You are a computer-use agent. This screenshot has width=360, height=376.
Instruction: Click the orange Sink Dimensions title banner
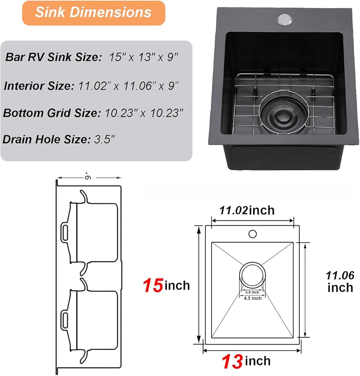click(x=94, y=13)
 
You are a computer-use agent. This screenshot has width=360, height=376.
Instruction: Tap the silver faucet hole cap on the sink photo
click(x=285, y=20)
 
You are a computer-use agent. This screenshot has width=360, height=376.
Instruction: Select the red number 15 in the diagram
click(x=153, y=285)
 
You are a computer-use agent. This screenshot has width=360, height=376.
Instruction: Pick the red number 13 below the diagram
click(x=232, y=361)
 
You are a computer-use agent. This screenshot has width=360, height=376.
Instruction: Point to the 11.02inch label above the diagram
click(x=247, y=210)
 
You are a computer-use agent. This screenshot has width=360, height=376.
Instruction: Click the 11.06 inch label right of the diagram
click(x=340, y=282)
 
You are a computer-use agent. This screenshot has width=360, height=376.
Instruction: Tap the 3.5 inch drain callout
click(x=252, y=292)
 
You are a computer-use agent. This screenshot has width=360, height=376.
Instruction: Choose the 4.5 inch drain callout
click(x=253, y=298)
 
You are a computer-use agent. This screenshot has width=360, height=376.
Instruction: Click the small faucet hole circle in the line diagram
click(x=253, y=234)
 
